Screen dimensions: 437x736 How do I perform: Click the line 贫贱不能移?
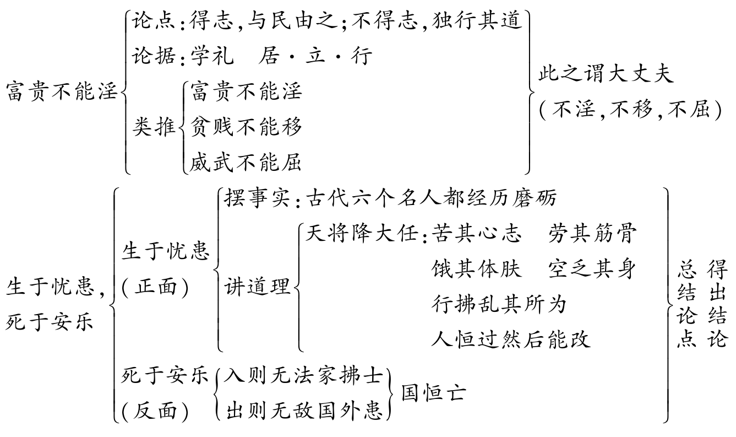tap(247, 127)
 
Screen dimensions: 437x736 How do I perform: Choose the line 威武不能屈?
tap(247, 163)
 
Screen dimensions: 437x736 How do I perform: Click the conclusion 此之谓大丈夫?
tap(606, 74)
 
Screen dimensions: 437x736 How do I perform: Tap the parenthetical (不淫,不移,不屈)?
tap(630, 110)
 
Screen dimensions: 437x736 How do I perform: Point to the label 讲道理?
tap(257, 287)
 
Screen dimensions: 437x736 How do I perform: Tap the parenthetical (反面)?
tap(155, 411)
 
